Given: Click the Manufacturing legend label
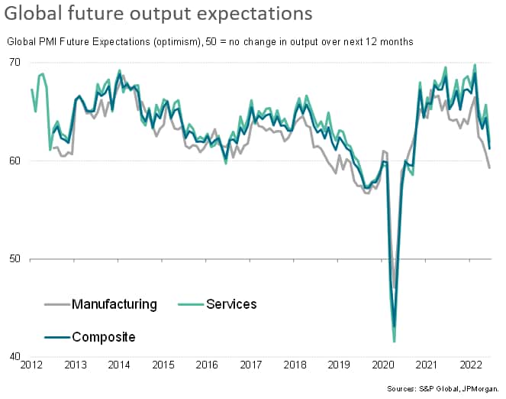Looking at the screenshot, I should point(114,304).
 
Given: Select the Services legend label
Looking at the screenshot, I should point(231,304).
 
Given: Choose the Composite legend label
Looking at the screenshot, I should point(104,337).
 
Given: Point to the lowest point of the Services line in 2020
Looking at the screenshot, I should point(395,342).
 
